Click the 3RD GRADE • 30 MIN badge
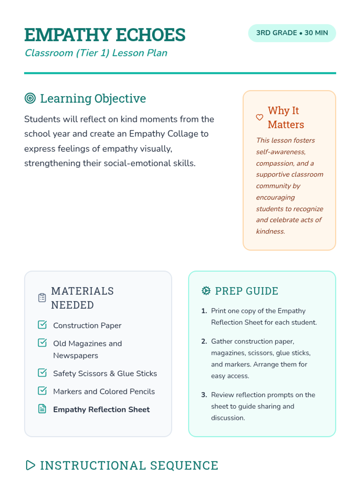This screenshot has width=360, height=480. (292, 33)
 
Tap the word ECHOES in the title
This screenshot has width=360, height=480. (151, 35)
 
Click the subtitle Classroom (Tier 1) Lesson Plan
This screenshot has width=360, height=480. (96, 53)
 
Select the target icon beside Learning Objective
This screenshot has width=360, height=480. (30, 98)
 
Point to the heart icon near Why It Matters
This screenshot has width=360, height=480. (259, 117)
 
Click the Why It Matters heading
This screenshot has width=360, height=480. (286, 117)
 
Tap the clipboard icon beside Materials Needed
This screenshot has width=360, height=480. (42, 298)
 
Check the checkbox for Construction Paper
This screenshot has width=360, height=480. (42, 325)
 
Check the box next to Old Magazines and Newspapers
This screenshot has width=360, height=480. (42, 343)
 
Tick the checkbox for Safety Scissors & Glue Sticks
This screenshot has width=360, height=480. (42, 373)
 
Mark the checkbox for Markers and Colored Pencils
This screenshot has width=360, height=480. (42, 391)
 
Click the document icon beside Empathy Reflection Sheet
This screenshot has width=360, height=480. (42, 409)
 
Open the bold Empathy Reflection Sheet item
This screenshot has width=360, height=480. (101, 409)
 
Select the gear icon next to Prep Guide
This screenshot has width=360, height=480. (206, 290)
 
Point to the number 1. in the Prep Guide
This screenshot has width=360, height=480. (204, 311)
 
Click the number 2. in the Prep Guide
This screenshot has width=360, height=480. (204, 341)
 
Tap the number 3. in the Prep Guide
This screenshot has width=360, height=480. (204, 395)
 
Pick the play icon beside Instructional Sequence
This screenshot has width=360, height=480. (30, 465)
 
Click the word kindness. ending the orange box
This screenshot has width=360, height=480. (270, 231)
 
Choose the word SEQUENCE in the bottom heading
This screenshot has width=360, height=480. (184, 466)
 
